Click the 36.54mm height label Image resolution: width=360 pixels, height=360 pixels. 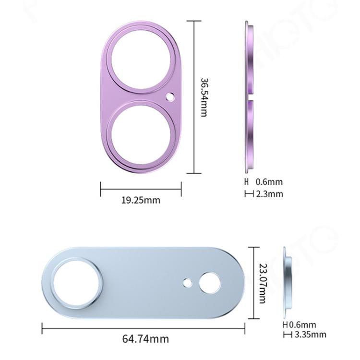[204, 97]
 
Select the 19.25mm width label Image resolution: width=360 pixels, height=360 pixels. [141, 200]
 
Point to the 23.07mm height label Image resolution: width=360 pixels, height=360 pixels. [263, 283]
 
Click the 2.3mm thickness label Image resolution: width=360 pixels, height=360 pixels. [269, 194]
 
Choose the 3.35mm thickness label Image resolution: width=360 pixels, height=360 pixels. [311, 334]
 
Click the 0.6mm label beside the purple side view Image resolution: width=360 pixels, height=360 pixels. [269, 182]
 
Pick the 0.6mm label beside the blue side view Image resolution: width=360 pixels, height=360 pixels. [306, 325]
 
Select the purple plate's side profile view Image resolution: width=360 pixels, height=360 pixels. [249, 96]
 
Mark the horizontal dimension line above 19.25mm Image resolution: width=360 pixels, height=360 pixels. [141, 188]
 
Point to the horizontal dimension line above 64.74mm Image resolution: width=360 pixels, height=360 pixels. [144, 329]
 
